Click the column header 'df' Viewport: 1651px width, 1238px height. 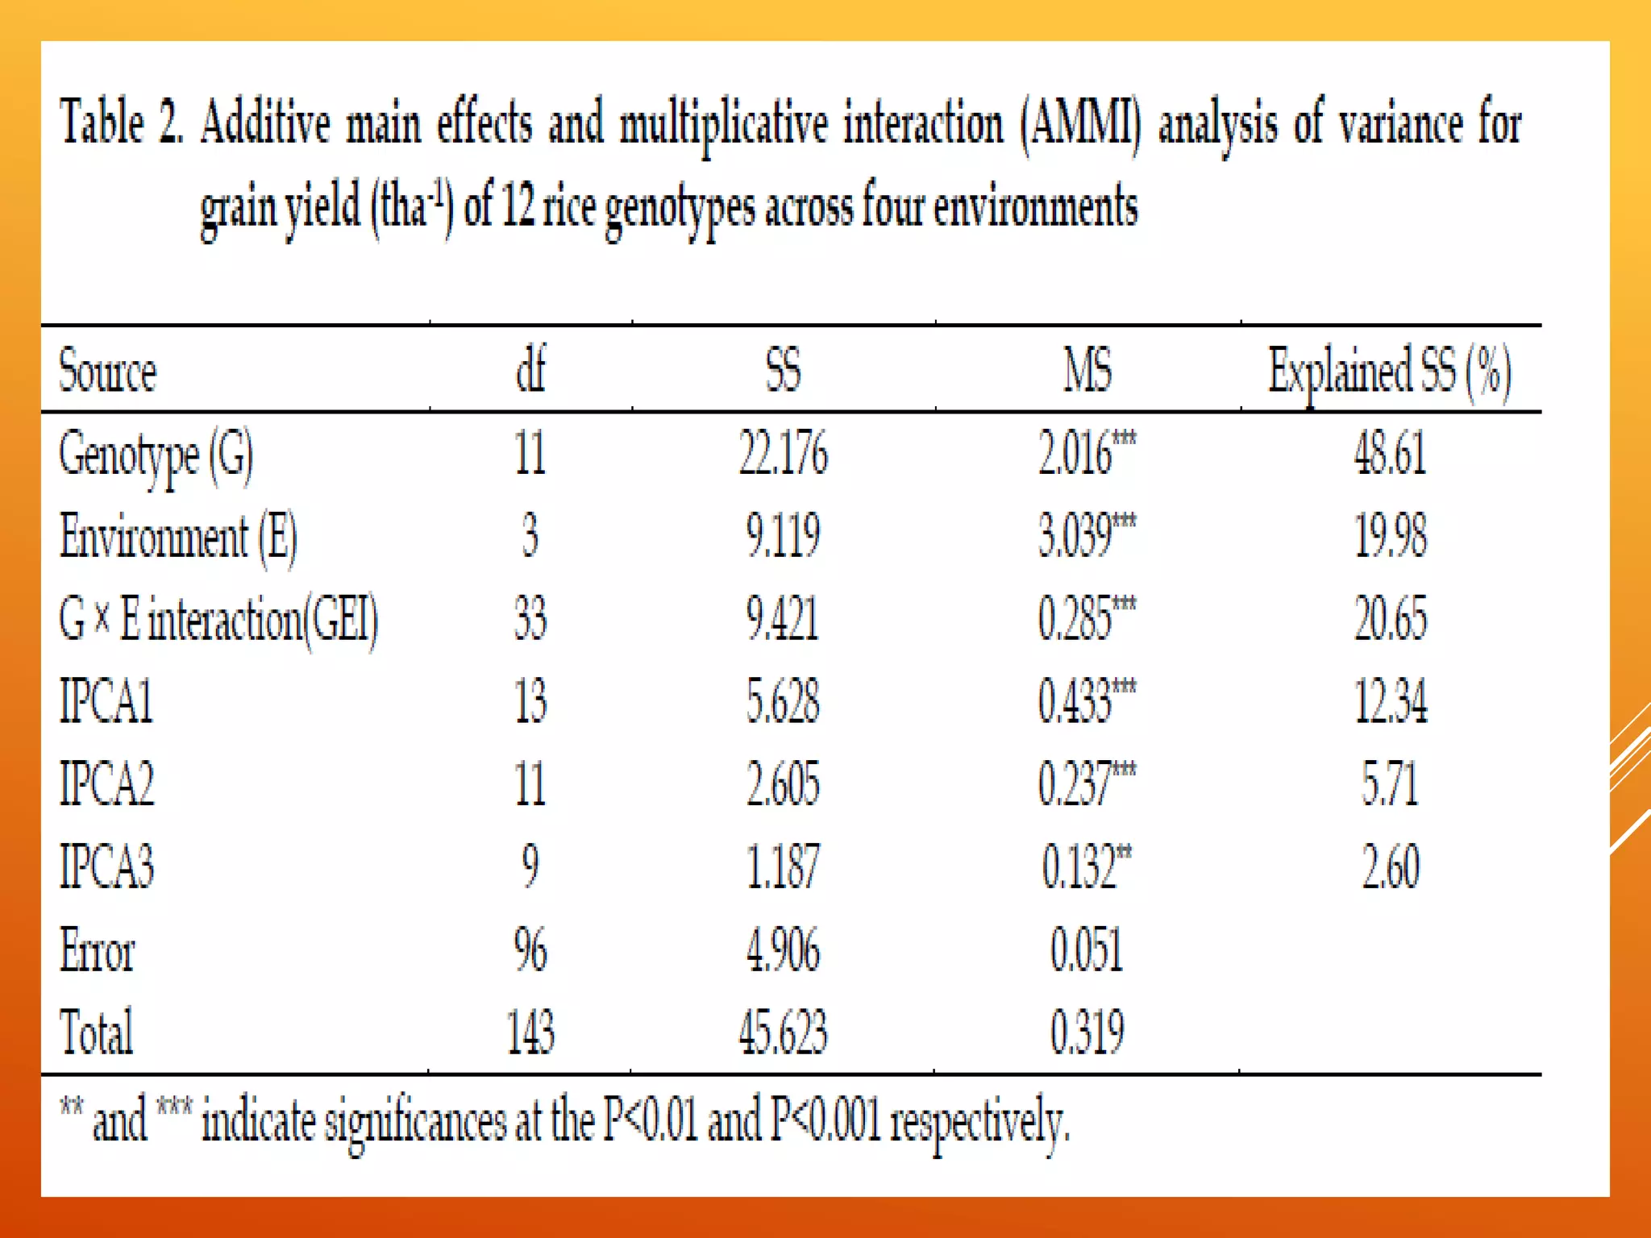[530, 370]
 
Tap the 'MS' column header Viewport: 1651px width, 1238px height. [1087, 371]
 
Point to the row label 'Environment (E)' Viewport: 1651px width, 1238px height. [178, 538]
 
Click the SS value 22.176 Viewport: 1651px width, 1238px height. [783, 454]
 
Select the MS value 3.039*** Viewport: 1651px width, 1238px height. [1086, 536]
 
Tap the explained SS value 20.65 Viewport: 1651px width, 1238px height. [1390, 619]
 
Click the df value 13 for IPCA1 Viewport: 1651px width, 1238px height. [530, 701]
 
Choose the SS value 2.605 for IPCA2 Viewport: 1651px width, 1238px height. [783, 783]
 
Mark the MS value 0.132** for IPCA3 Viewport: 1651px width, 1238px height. [1086, 866]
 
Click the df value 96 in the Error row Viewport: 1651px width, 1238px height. [530, 949]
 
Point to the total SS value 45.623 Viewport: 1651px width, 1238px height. [783, 1032]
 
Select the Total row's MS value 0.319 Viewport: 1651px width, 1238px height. [1086, 1032]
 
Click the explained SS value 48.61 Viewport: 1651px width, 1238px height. [1390, 454]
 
